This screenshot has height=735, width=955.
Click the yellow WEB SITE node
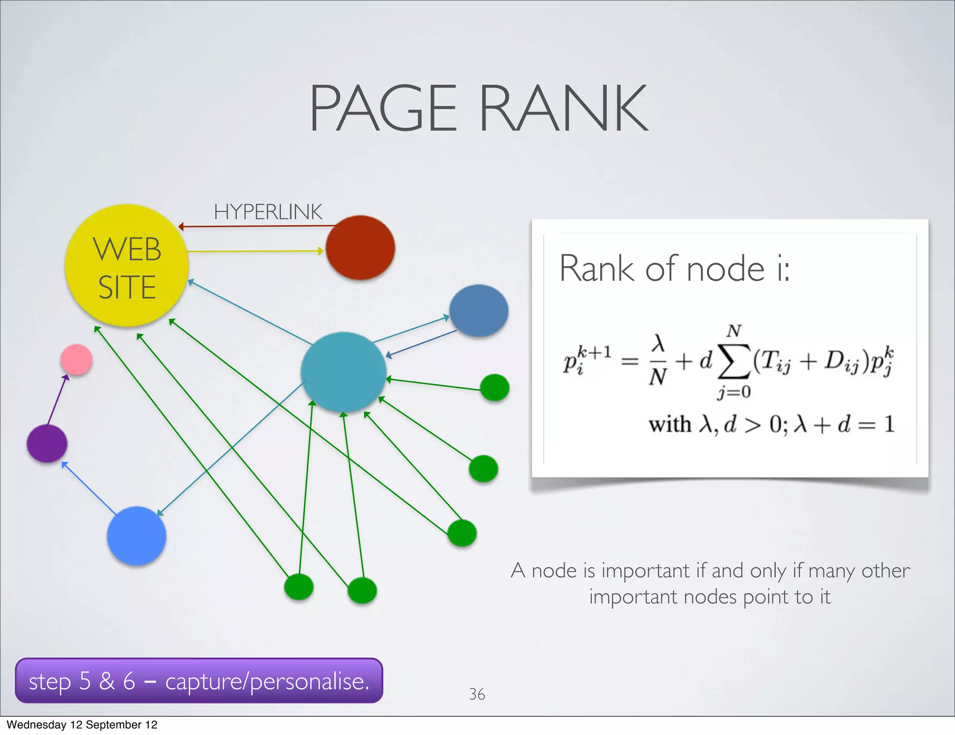coord(126,265)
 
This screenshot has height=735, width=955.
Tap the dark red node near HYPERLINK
coord(360,247)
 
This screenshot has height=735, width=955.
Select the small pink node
coord(76,359)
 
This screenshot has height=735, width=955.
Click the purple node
coord(47,443)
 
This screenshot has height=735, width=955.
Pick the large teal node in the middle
coord(344,372)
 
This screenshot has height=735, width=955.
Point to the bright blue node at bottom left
coord(136,536)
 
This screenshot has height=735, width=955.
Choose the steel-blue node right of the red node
coord(478,311)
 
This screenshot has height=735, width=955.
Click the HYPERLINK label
coord(268,212)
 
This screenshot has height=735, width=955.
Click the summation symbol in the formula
coord(734,361)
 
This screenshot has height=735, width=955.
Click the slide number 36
coord(477,694)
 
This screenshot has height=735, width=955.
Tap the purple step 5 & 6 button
coord(199,681)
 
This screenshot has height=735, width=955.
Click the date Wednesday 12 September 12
coord(82,725)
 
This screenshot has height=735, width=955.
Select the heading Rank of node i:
coord(674,269)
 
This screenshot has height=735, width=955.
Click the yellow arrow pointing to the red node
coord(255,251)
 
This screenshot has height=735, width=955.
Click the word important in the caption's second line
coord(633,597)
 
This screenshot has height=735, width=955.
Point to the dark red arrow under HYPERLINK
coord(256,227)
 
